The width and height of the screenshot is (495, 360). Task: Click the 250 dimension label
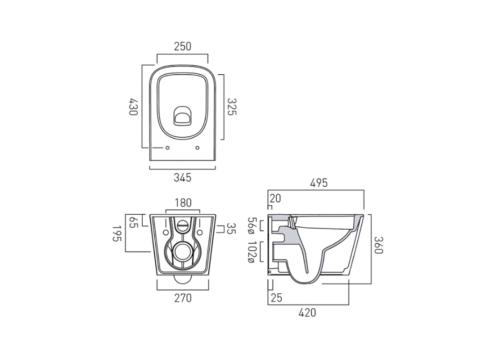[x=182, y=46]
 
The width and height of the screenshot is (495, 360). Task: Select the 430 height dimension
[x=133, y=107]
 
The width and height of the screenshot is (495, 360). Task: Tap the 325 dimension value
[x=231, y=107]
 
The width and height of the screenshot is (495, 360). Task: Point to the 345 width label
[x=182, y=177]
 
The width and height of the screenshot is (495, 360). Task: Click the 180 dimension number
[x=182, y=203]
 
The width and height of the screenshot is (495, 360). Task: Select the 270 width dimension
[x=182, y=297]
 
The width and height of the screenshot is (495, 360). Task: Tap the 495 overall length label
[x=318, y=183]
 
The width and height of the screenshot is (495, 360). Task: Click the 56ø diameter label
[x=252, y=226]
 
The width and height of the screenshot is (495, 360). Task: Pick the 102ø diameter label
[x=252, y=252]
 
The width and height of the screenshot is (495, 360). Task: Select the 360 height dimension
[x=378, y=246]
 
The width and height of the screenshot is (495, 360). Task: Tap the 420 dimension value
[x=307, y=312]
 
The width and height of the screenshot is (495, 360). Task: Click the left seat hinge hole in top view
[x=167, y=148]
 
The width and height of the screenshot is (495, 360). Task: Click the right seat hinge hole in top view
[x=198, y=148]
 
